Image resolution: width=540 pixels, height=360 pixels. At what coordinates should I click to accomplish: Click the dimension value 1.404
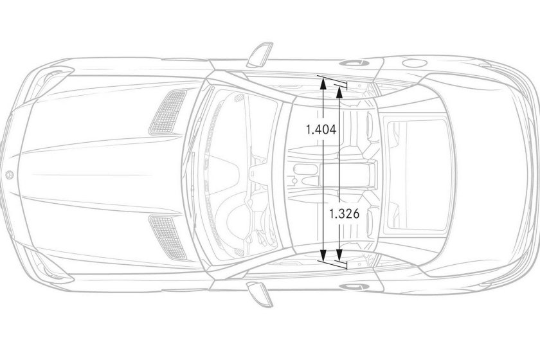(321, 129)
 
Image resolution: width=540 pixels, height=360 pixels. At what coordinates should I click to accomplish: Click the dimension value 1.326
(344, 214)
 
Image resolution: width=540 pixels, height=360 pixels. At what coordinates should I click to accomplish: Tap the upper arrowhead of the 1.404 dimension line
(323, 83)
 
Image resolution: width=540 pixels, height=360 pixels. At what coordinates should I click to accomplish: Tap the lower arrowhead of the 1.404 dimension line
(323, 255)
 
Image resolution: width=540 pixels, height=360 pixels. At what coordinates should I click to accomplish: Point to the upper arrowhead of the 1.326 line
(339, 92)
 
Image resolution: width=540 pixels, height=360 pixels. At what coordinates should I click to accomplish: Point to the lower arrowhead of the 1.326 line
(339, 255)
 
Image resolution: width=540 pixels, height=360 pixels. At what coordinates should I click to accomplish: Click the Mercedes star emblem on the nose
(10, 175)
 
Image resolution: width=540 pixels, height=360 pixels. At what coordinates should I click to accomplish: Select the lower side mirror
(260, 294)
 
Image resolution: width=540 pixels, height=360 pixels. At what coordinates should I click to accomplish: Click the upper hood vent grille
(168, 112)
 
